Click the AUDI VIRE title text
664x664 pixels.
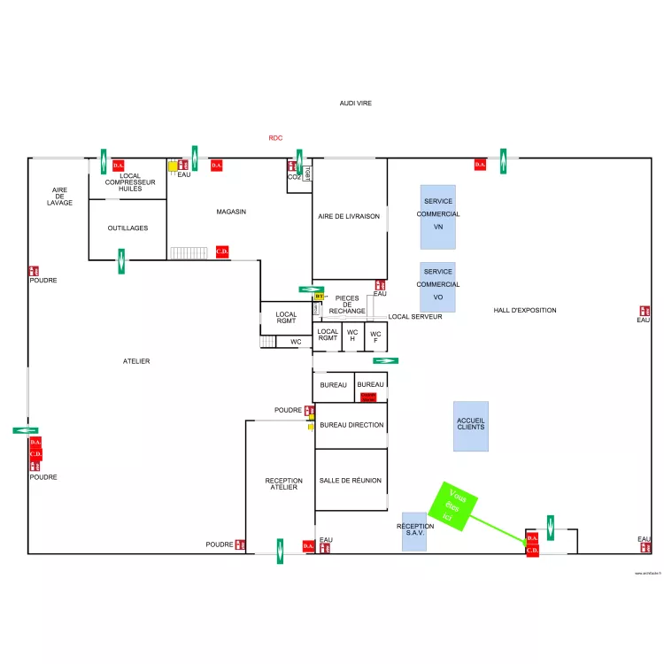(356, 104)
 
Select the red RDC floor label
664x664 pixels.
(275, 138)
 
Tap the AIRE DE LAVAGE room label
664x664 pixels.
(59, 197)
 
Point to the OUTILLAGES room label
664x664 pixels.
(127, 228)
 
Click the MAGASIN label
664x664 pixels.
(231, 212)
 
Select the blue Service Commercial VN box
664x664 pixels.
(438, 216)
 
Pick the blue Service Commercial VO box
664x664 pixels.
(438, 286)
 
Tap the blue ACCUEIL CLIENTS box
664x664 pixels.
(470, 426)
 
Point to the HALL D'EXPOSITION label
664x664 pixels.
(525, 311)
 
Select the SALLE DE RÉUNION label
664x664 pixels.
(351, 481)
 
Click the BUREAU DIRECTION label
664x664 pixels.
(351, 426)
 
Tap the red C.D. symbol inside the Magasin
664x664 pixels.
(222, 251)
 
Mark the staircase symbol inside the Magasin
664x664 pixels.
(188, 253)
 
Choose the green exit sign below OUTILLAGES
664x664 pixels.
(121, 261)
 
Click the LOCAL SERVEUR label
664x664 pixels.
(414, 316)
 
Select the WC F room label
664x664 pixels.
(375, 337)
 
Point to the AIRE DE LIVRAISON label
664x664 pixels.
(349, 217)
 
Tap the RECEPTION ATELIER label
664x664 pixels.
(283, 484)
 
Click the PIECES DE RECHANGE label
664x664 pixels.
(347, 305)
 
